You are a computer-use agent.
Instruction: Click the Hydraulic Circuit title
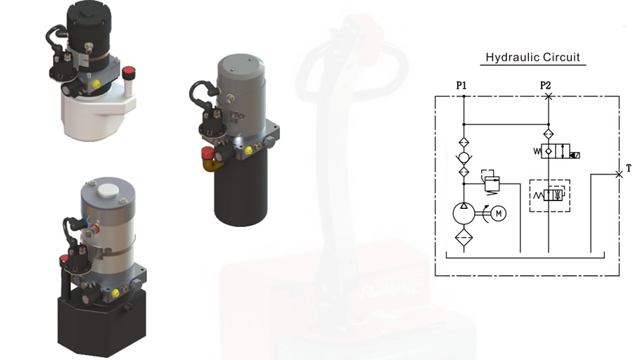pyautogui.click(x=532, y=58)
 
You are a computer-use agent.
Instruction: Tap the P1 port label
pyautogui.click(x=461, y=86)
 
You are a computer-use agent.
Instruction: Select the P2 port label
pyautogui.click(x=545, y=86)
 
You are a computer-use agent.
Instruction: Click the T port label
pyautogui.click(x=628, y=168)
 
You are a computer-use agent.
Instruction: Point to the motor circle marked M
pyautogui.click(x=499, y=214)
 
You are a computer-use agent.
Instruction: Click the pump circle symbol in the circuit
pyautogui.click(x=464, y=214)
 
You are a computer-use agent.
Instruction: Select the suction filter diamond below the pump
pyautogui.click(x=464, y=237)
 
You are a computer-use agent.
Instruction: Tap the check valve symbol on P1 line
pyautogui.click(x=464, y=157)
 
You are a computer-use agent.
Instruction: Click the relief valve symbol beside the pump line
pyautogui.click(x=490, y=182)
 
